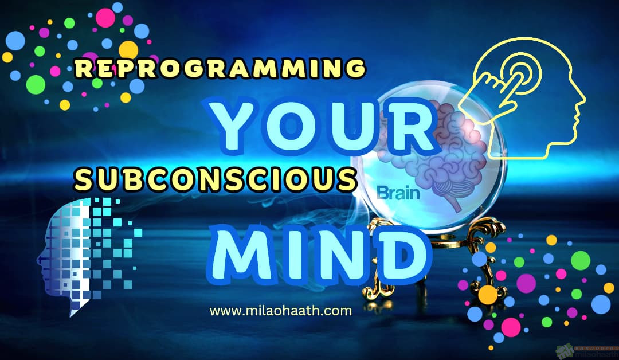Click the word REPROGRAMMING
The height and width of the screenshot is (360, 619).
click(220, 69)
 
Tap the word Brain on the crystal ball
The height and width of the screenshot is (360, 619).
click(398, 193)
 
